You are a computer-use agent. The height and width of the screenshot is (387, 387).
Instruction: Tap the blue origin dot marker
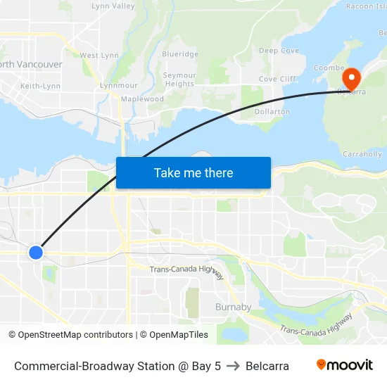(36, 252)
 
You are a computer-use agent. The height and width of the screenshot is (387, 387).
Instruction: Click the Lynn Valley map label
(113, 6)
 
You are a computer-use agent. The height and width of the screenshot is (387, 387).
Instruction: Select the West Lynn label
(99, 55)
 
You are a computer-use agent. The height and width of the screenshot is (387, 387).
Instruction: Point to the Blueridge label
(180, 53)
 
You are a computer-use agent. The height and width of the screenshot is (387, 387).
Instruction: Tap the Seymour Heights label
(179, 80)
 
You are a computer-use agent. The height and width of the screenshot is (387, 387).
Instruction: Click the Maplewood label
(142, 99)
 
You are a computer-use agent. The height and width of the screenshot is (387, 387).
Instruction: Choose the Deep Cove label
(279, 51)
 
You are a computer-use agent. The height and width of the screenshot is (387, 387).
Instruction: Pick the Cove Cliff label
(277, 80)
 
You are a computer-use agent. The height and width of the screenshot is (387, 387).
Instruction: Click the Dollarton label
(272, 112)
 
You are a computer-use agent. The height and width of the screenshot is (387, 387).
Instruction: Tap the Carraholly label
(362, 153)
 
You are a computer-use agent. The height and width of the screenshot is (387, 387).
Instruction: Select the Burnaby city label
(233, 307)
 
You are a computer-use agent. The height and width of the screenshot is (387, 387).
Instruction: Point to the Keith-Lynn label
(40, 86)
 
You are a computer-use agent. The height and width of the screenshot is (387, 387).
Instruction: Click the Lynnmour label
(118, 85)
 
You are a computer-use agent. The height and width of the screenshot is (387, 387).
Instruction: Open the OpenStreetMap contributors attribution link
(75, 335)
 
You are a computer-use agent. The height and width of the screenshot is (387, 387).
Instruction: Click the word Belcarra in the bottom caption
(267, 366)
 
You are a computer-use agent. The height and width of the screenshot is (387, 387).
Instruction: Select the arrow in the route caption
(233, 366)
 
